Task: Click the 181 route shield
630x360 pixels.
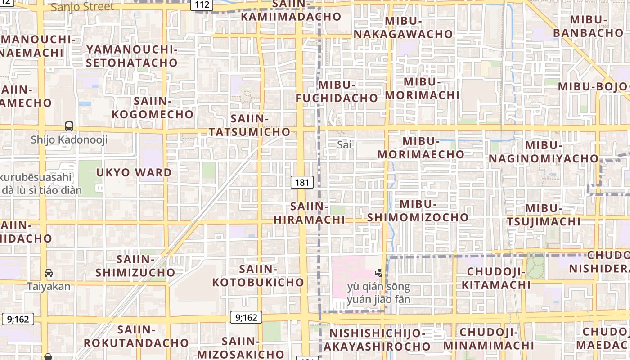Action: (x=302, y=182)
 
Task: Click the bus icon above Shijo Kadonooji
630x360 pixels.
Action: (x=69, y=126)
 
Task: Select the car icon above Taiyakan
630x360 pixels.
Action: (x=49, y=273)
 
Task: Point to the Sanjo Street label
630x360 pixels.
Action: (x=82, y=7)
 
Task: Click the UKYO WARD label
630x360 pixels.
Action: (x=134, y=172)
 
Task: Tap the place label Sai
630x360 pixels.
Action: (x=344, y=145)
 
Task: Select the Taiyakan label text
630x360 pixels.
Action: (x=49, y=286)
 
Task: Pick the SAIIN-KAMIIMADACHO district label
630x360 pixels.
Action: (x=291, y=11)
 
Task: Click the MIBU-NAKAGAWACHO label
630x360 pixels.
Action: (x=403, y=27)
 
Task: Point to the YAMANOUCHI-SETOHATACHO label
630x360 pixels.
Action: (x=131, y=56)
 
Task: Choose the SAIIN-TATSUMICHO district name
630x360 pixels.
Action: (x=249, y=125)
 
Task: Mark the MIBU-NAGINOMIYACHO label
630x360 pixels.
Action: (x=544, y=152)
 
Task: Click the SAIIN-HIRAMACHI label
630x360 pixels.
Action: (x=309, y=213)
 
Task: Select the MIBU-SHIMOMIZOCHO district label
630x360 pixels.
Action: (x=418, y=211)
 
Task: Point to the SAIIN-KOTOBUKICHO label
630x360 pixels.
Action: (x=258, y=275)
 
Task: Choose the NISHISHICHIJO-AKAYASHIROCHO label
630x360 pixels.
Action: (x=377, y=340)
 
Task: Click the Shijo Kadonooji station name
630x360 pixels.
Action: (x=69, y=140)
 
